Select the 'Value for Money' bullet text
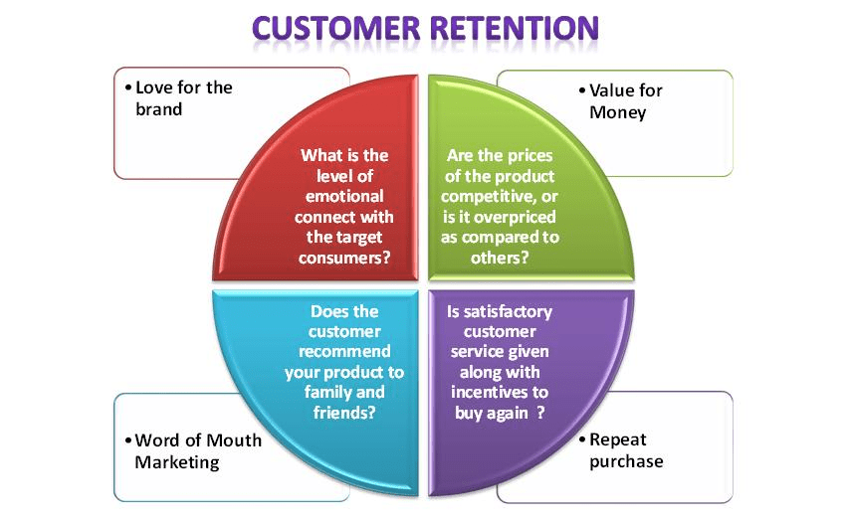click(623, 101)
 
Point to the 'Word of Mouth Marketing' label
click(193, 450)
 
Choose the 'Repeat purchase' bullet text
click(625, 449)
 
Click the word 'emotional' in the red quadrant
click(345, 196)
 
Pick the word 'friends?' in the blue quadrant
click(343, 411)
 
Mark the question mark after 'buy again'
click(541, 412)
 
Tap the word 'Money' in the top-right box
click(617, 112)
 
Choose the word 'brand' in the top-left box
click(159, 109)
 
